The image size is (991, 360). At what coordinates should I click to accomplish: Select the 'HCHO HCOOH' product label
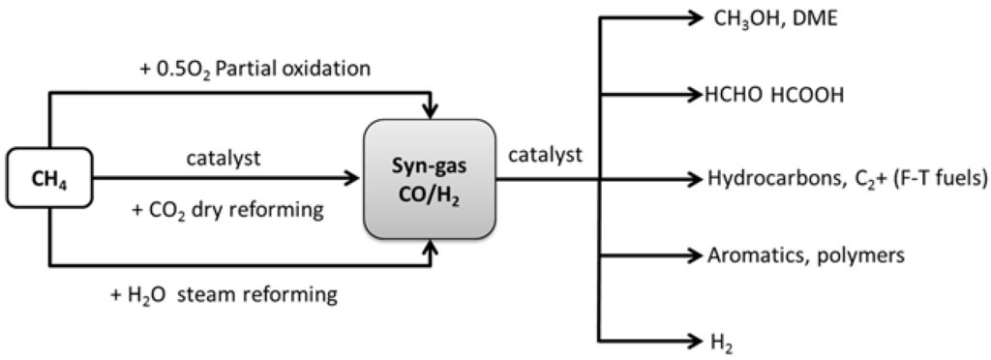pos(774,95)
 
